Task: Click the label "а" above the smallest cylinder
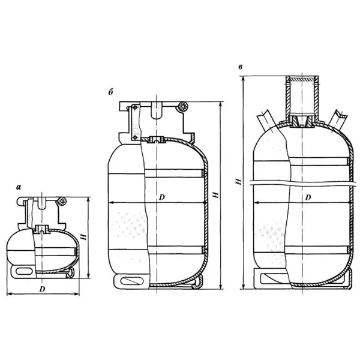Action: (19, 187)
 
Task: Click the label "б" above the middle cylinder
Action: (111, 92)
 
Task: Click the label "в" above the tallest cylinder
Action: (241, 67)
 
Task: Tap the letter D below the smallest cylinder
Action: (42, 289)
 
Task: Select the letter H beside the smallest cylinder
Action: (84, 237)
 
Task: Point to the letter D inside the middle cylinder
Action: (162, 197)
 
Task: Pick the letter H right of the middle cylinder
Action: (215, 195)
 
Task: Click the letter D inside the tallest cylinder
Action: (308, 197)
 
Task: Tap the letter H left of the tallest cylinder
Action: (239, 181)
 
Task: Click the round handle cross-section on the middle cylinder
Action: (183, 107)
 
